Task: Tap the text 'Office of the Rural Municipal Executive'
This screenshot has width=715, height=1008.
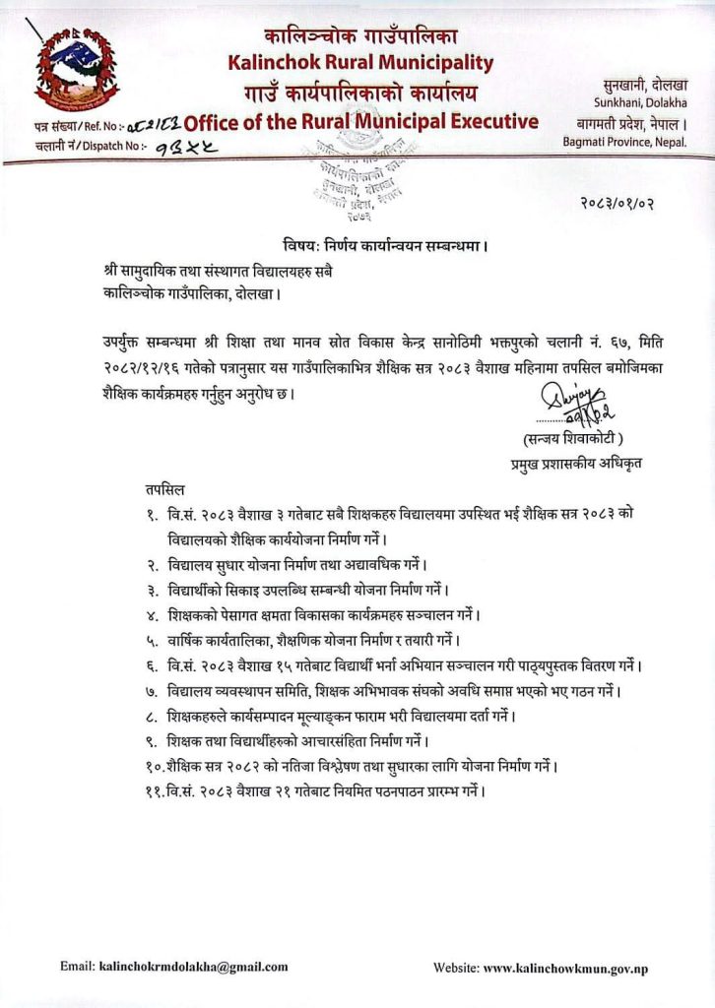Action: [x=361, y=122]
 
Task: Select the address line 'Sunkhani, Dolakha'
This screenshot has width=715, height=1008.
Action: [x=639, y=102]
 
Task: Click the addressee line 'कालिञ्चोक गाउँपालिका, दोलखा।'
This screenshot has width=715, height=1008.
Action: [x=191, y=292]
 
